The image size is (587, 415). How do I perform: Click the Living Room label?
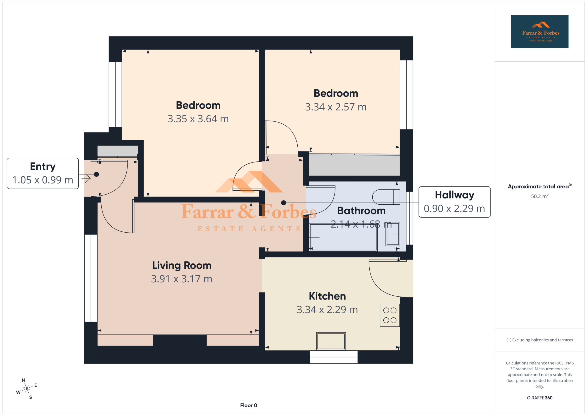pos(182,266)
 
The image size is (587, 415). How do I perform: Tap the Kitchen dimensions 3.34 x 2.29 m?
pos(327,310)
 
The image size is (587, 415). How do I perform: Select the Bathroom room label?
pos(361,211)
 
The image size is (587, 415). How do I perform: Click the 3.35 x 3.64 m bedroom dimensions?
pos(198,119)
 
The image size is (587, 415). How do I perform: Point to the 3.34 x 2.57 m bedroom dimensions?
pos(336,107)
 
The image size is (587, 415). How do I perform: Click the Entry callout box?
pos(43,173)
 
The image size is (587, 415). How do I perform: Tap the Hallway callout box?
pos(454,202)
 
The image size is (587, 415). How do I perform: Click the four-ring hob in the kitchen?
pos(390,315)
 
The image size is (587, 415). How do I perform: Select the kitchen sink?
pos(331,341)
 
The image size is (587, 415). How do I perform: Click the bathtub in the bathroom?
pos(343,237)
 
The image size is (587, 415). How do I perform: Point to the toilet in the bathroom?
pos(386,197)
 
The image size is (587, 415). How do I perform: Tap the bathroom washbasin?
pos(393,234)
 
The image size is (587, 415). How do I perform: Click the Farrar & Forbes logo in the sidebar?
pos(540,32)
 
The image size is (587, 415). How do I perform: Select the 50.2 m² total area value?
pos(540,196)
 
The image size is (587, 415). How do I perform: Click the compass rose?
pos(27,389)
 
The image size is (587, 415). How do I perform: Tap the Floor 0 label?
pos(249,405)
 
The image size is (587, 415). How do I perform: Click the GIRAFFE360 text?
pos(540,398)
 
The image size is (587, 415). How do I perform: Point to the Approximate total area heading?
pos(540,187)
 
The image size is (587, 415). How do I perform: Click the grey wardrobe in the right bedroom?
pos(354,165)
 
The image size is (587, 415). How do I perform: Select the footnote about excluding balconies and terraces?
pos(540,340)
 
